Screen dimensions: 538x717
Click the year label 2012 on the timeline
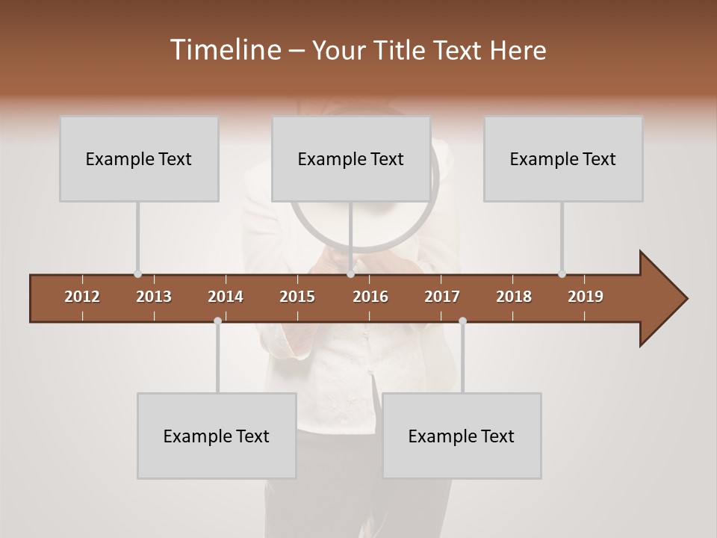click(x=82, y=297)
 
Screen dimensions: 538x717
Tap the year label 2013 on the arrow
click(x=154, y=297)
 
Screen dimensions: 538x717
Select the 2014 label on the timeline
click(x=226, y=297)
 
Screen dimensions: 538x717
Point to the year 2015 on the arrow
click(x=297, y=297)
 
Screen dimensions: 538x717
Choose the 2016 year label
click(x=370, y=297)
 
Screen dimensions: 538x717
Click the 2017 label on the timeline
click(x=442, y=297)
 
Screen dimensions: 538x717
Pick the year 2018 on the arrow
click(x=514, y=297)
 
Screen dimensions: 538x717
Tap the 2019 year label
click(x=586, y=297)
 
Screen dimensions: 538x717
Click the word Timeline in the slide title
click(x=224, y=50)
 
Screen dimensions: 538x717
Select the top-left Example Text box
click(x=139, y=158)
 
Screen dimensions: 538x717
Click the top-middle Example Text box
click(x=351, y=158)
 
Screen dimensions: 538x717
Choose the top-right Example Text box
click(x=563, y=158)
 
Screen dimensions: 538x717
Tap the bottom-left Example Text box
click(x=217, y=436)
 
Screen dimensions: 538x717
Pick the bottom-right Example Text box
click(x=462, y=436)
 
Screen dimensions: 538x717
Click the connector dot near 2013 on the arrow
click(x=137, y=274)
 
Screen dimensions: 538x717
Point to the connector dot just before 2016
click(x=350, y=274)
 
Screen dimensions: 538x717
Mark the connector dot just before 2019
click(x=562, y=274)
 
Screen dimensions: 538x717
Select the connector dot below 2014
click(x=217, y=321)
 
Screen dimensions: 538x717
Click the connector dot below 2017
click(x=462, y=321)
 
